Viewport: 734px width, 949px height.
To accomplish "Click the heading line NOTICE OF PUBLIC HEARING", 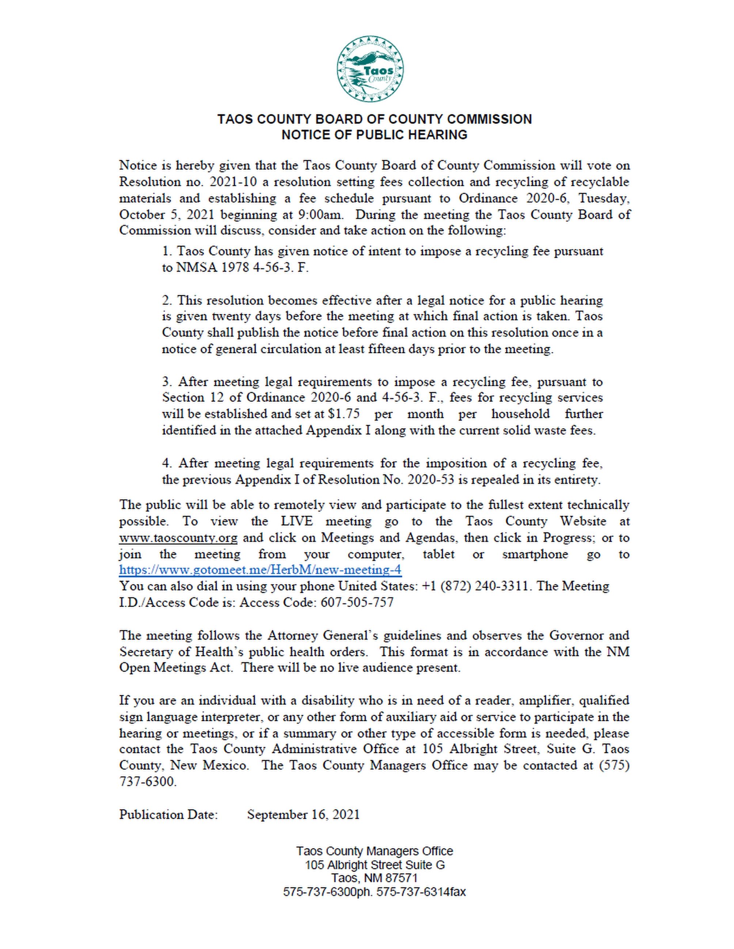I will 374,135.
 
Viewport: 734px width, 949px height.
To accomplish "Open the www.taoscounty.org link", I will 178,538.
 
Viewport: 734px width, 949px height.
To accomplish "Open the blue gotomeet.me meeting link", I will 260,570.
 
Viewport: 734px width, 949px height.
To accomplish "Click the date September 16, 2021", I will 304,814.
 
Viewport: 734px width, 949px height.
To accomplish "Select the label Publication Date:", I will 168,814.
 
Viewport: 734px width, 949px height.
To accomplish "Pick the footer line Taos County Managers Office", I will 374,851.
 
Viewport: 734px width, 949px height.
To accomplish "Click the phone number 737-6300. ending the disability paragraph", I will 148,782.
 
